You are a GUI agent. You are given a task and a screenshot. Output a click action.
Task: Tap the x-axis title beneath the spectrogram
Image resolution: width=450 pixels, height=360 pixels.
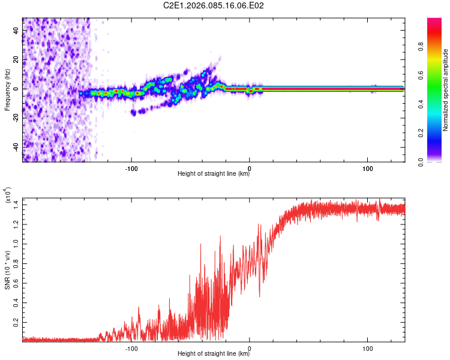(x=214, y=175)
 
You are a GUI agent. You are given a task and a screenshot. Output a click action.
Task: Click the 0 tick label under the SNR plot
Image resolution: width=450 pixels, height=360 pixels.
(x=250, y=348)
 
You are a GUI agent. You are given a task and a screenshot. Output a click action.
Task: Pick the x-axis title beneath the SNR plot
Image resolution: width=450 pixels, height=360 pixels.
(x=214, y=355)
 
